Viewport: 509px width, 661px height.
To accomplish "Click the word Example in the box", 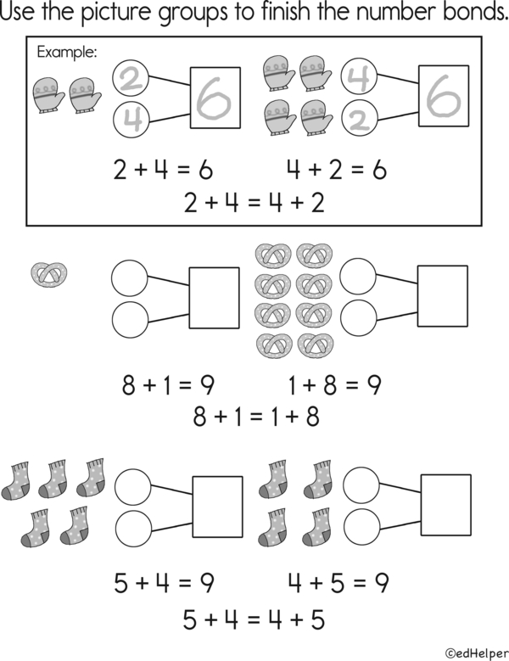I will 67,53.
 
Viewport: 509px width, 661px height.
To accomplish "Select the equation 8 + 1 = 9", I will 168,385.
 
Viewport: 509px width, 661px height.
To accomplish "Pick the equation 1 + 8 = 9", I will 334,385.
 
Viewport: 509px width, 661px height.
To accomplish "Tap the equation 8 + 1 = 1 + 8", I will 255,417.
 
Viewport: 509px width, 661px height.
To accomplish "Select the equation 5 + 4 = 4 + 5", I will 254,619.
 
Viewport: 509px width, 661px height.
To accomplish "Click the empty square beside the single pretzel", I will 215,297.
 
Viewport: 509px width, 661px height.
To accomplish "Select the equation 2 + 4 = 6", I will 163,170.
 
